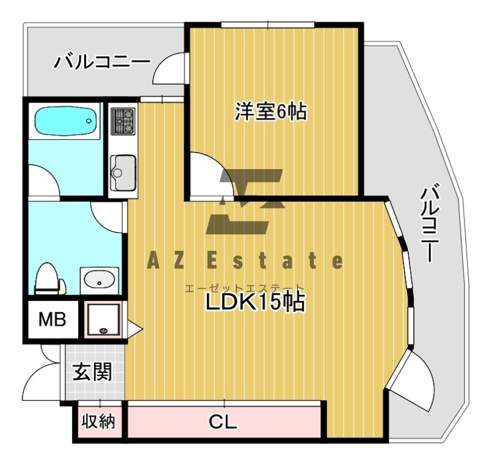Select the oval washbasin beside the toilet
[98, 280]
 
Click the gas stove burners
[123, 121]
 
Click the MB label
[52, 319]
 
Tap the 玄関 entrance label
[92, 371]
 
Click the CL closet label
[222, 422]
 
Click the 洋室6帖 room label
[271, 112]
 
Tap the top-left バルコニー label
[101, 62]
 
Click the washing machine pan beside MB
[103, 319]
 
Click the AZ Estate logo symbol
[245, 201]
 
